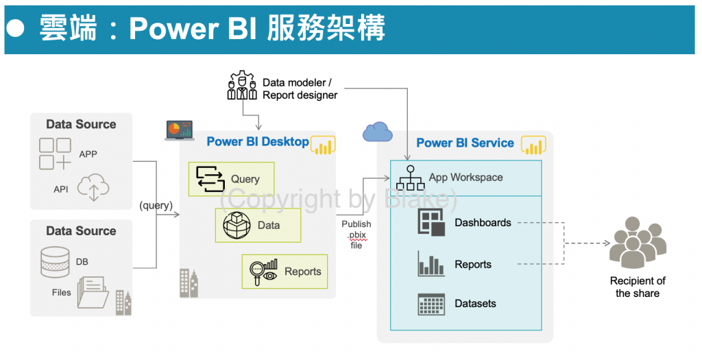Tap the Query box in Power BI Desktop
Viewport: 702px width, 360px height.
[x=231, y=179]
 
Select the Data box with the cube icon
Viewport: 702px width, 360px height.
[x=258, y=225]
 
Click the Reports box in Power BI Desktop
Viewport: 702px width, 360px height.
[x=285, y=271]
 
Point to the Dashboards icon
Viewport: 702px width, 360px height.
[x=431, y=223]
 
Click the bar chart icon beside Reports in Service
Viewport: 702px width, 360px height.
[x=431, y=264]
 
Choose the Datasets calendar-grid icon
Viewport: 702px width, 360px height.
[x=431, y=303]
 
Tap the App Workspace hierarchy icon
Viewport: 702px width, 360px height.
[x=410, y=178]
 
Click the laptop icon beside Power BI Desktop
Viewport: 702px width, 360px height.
[x=180, y=130]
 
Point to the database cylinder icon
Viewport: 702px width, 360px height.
[x=55, y=262]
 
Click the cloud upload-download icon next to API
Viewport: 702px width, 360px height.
[x=94, y=188]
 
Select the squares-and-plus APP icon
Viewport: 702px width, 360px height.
[x=55, y=154]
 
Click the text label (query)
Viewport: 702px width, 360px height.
[x=155, y=205]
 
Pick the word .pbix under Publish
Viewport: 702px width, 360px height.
[x=356, y=235]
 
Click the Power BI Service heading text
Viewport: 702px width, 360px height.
[x=465, y=143]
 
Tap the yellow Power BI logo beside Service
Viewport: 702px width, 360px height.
[x=533, y=145]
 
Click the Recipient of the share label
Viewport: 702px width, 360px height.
[x=638, y=287]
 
